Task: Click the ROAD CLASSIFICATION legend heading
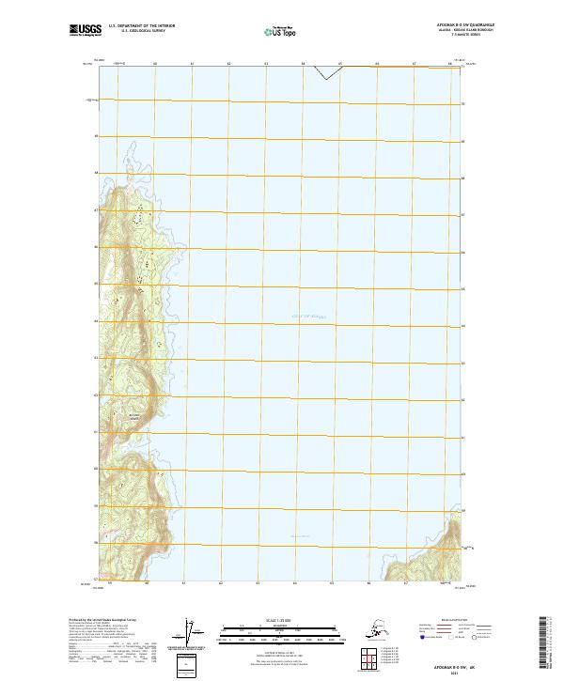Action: point(442,621)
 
